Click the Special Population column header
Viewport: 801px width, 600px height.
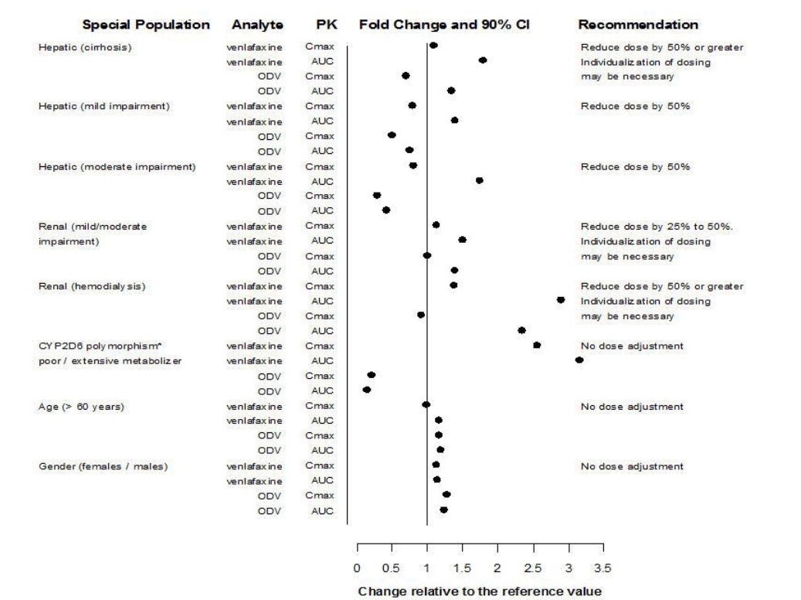tap(146, 25)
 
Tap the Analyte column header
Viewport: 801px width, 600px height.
tap(257, 25)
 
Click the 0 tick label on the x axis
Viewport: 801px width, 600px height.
tap(357, 568)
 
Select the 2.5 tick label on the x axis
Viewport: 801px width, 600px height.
tap(533, 568)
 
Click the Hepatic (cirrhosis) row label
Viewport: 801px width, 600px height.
tap(85, 47)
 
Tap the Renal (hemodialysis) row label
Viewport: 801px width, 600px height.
tap(92, 286)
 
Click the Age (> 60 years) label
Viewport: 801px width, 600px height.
tap(81, 407)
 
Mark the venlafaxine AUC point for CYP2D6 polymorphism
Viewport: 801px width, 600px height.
tap(579, 360)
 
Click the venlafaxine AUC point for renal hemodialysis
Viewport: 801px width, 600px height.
tap(561, 300)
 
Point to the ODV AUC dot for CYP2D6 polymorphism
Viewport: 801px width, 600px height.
tap(367, 390)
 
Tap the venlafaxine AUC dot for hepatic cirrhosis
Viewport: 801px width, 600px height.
tap(483, 60)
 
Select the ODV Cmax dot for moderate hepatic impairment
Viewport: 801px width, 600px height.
tap(377, 196)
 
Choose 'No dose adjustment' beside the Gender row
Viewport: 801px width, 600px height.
tap(632, 466)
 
